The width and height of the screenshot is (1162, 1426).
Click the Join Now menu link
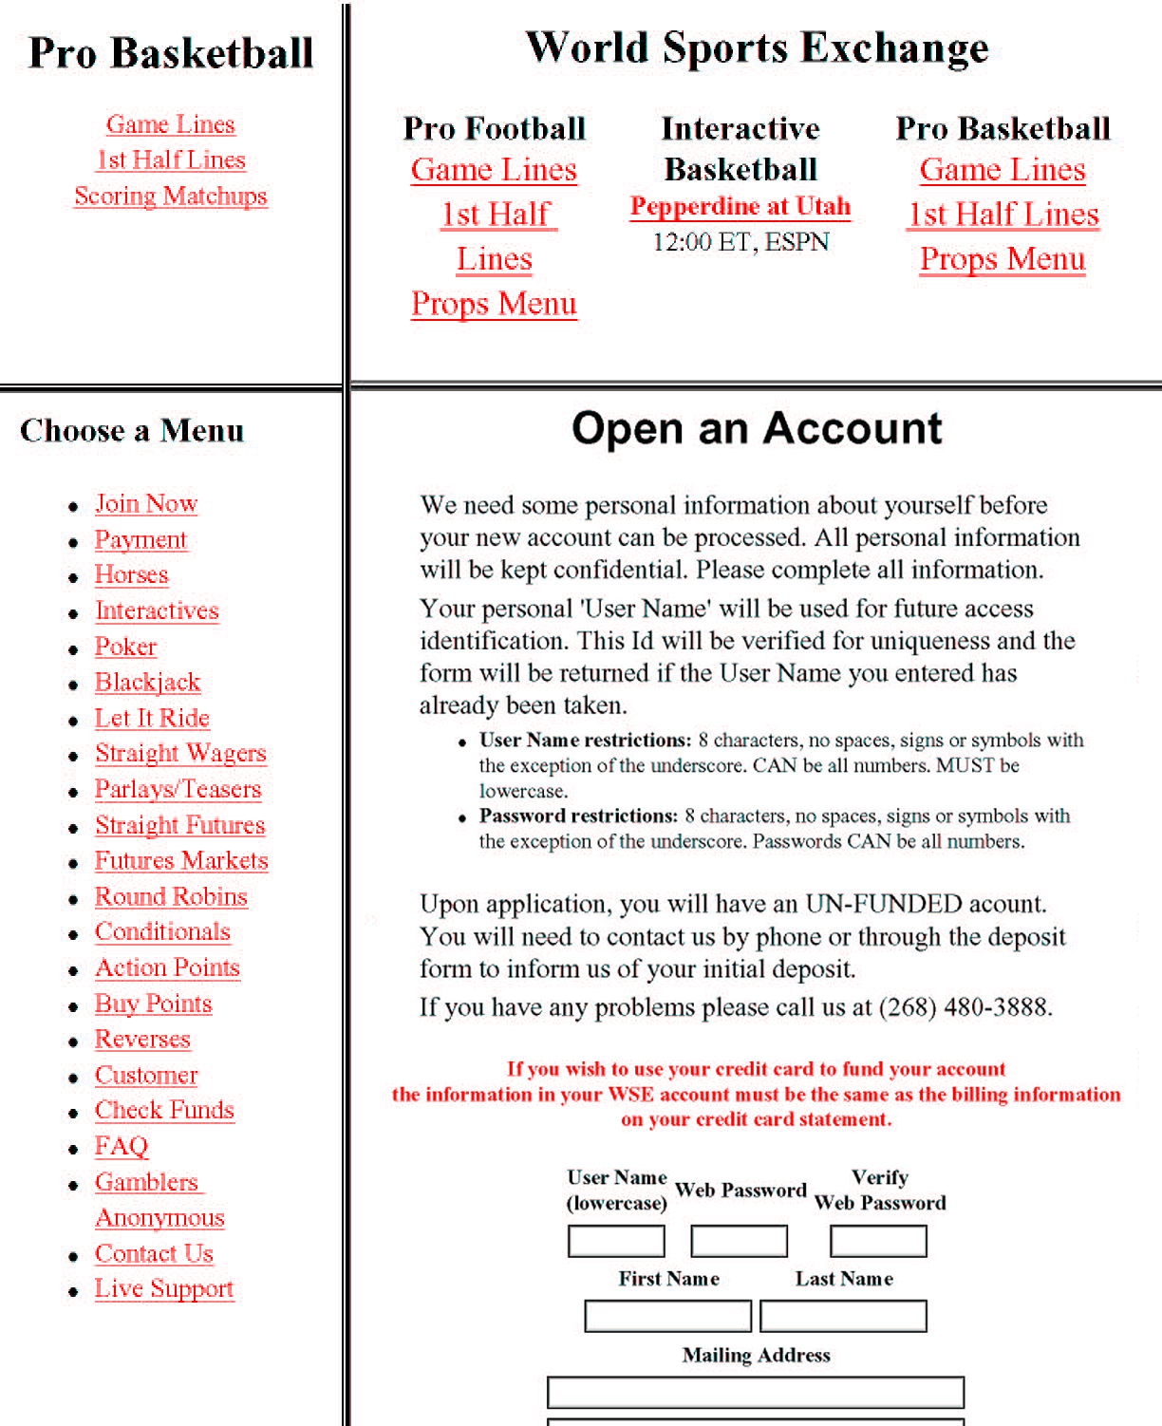coord(145,503)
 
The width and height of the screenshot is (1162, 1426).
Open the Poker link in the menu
coord(125,647)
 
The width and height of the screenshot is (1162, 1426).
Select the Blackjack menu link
coord(147,683)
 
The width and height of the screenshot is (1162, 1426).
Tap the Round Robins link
coord(171,897)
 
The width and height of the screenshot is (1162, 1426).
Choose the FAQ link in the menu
coord(122,1147)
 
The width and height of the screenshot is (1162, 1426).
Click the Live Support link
coord(164,1289)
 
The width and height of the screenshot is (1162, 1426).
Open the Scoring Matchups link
coord(171,196)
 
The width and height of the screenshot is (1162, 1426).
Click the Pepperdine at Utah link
coord(740,207)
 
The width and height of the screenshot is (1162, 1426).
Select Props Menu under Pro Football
coord(494,304)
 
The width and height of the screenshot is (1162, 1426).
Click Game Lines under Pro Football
coord(494,170)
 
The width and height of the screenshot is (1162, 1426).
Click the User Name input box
coord(616,1241)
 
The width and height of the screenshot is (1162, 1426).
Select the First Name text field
coord(667,1316)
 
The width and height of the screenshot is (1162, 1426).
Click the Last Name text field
coord(843,1316)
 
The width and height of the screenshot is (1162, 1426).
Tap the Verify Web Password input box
coord(878,1241)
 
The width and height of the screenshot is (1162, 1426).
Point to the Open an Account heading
coord(757,428)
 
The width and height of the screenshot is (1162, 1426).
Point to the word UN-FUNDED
coord(884,904)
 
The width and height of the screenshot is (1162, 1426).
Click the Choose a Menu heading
coord(132,431)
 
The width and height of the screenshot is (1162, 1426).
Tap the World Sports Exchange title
coord(757,47)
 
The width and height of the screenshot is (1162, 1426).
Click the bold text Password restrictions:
coord(578,816)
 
